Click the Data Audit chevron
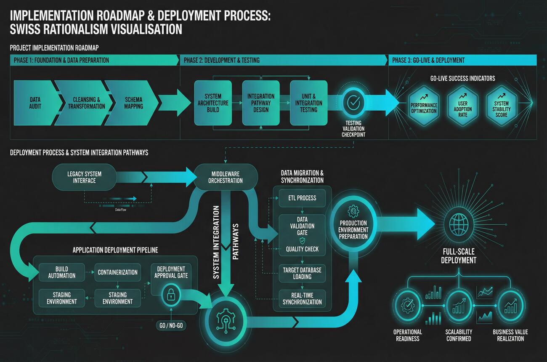[35, 103]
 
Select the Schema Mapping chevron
[133, 103]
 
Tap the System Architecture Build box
[213, 103]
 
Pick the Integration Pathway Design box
[261, 103]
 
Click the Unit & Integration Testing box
[308, 103]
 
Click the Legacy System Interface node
[84, 177]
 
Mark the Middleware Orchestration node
[226, 177]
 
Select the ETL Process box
[303, 198]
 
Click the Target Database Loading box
[303, 273]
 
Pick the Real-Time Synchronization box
[303, 298]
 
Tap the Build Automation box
[62, 272]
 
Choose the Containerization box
[118, 272]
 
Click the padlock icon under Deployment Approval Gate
[171, 295]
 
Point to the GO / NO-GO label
[171, 326]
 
